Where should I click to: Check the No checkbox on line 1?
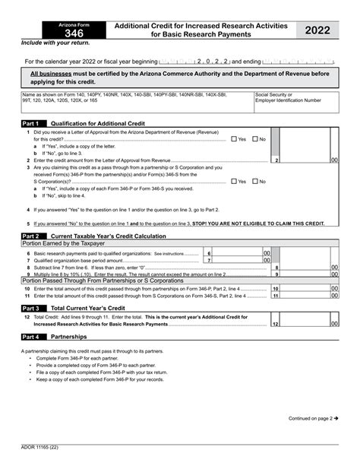coord(254,139)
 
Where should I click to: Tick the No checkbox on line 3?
coord(254,182)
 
